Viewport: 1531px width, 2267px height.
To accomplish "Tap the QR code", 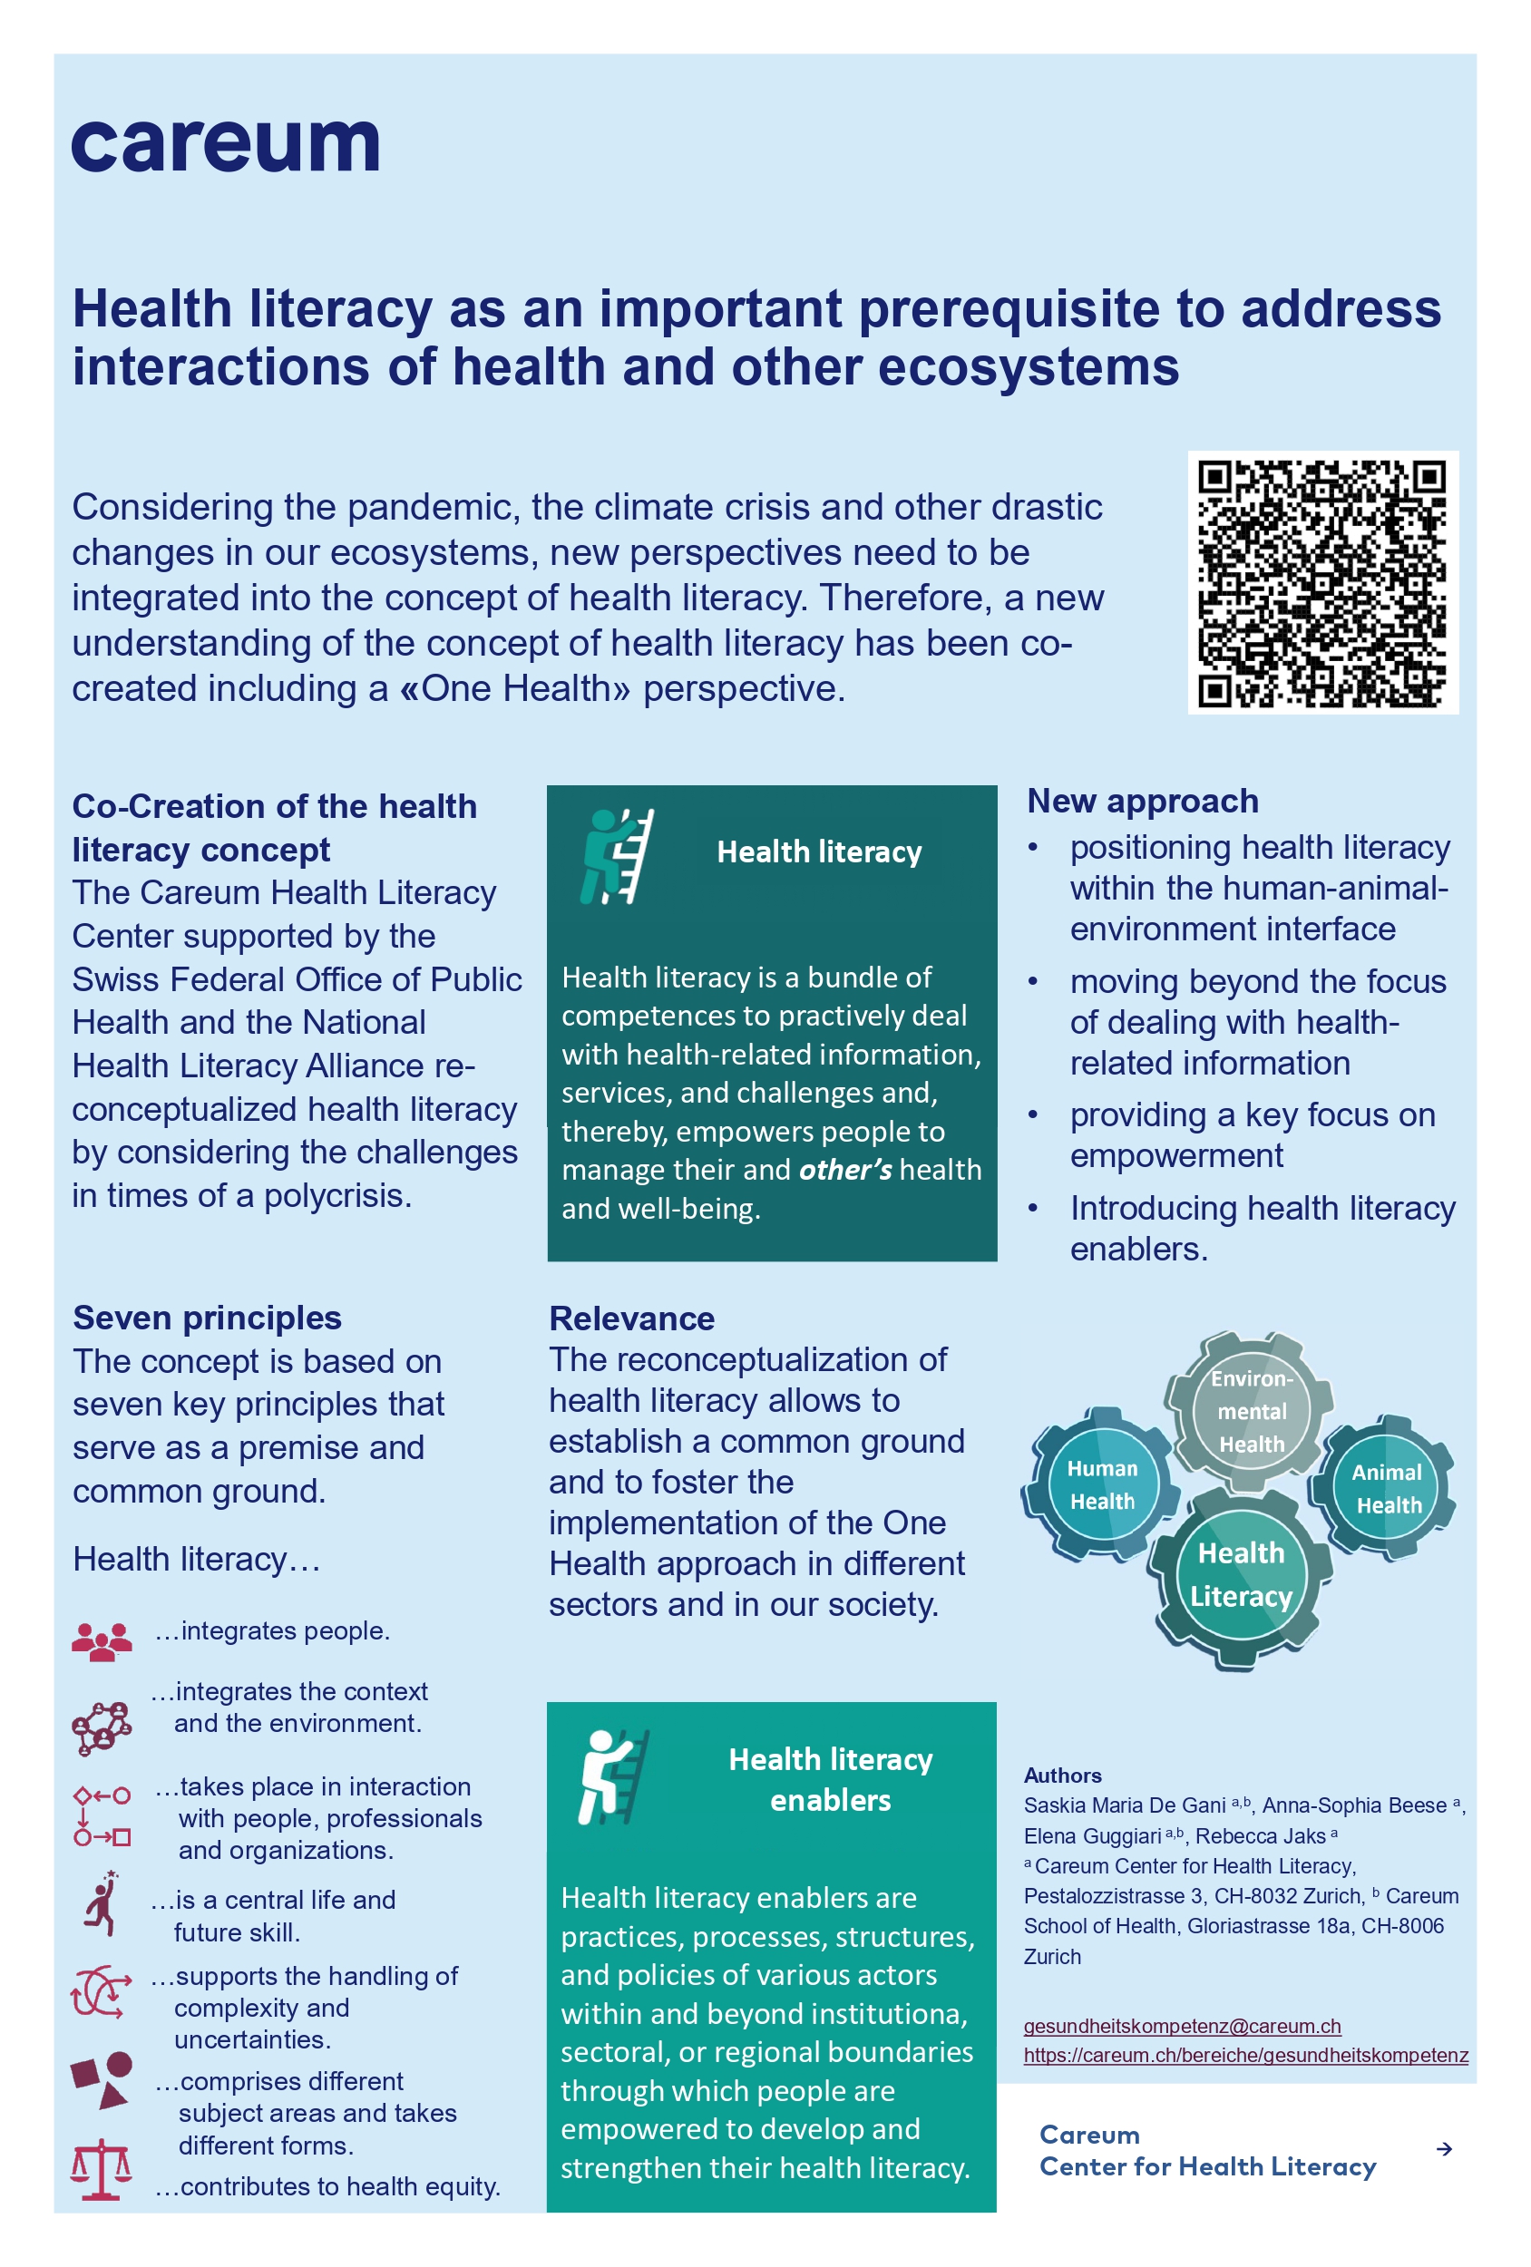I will tap(1321, 582).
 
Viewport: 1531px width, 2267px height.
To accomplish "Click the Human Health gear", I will tap(1102, 1484).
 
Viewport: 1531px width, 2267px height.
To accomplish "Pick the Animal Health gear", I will tap(1387, 1487).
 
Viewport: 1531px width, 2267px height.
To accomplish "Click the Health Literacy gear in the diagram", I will tap(1240, 1573).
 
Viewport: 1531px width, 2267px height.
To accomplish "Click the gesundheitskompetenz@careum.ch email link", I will tap(1182, 2025).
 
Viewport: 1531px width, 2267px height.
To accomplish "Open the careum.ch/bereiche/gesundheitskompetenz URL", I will tap(1245, 2054).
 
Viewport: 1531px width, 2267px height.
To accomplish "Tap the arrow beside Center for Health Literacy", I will tap(1443, 2149).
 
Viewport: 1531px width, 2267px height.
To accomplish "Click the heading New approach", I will tap(1143, 801).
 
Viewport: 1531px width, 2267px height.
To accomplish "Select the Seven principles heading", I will tap(207, 1318).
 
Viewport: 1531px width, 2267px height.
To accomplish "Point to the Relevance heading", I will tap(631, 1318).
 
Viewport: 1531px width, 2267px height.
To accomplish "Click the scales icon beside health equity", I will tap(101, 2171).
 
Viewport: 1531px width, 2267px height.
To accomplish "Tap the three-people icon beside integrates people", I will tap(102, 1640).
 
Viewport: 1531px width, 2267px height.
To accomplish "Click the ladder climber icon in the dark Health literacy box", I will tap(617, 855).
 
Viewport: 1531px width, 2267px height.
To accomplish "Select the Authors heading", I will tap(1063, 1776).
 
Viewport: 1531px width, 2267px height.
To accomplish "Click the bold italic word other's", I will tap(845, 1170).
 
